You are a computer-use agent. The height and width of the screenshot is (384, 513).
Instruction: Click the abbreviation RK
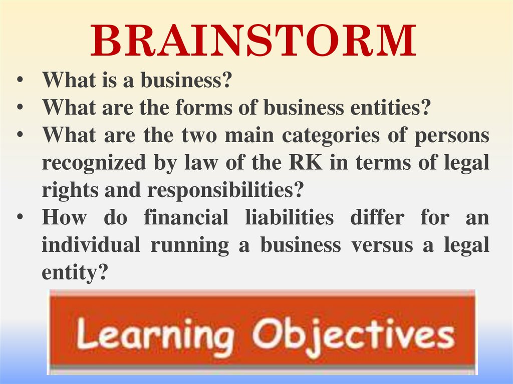pos(305,163)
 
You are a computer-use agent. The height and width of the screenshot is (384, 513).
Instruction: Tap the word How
pos(64,218)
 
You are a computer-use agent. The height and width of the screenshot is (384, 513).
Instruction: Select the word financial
pos(186,218)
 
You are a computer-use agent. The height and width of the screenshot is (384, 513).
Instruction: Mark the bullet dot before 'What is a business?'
pos(20,81)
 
